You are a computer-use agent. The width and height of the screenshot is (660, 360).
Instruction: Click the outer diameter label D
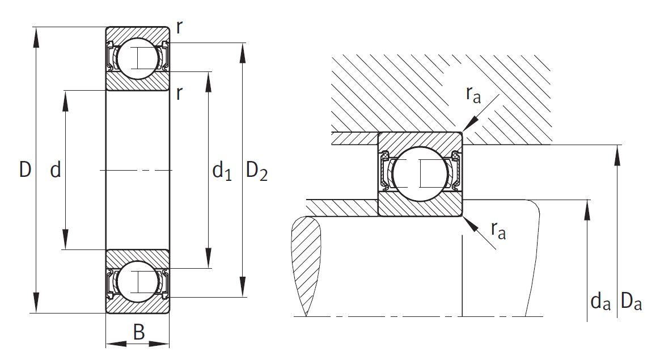pos(26,170)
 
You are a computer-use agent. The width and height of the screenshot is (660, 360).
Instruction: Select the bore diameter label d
pos(56,170)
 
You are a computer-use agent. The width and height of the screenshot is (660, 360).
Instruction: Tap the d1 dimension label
pos(222,171)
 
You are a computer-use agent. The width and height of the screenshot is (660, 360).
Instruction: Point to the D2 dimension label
pos(256,171)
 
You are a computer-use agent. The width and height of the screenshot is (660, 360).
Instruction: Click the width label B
pos(138,332)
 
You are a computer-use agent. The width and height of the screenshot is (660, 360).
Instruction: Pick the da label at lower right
pos(600,302)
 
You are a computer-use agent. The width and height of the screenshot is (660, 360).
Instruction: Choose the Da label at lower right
pos(631,302)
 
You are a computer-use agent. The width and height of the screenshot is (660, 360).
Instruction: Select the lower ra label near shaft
pos(498,230)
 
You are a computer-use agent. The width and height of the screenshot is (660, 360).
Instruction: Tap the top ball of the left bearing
pos(138,58)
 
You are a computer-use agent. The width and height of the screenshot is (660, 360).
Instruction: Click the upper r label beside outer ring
pos(179,27)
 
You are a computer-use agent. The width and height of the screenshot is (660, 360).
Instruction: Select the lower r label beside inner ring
pos(179,94)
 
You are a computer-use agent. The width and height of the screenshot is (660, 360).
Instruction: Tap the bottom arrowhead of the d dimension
pos(65,240)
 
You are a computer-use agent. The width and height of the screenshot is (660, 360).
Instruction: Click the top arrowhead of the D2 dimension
pos(242,53)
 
